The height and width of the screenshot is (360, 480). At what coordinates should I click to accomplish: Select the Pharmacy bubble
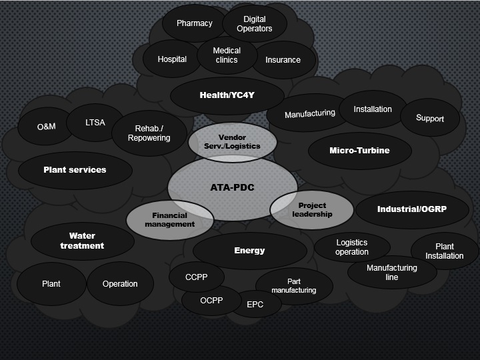click(x=194, y=23)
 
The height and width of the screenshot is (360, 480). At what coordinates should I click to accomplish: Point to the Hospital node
click(x=172, y=59)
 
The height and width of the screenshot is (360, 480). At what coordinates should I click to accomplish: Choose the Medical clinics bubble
click(x=227, y=55)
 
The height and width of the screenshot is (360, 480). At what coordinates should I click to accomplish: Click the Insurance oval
click(x=283, y=59)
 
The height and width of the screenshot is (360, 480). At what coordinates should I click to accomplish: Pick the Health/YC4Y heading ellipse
click(x=227, y=95)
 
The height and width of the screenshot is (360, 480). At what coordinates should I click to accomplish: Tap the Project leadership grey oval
click(x=312, y=210)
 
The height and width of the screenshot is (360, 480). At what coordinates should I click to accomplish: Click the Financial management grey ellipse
click(x=169, y=220)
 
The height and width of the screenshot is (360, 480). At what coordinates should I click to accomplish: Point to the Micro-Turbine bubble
click(x=359, y=150)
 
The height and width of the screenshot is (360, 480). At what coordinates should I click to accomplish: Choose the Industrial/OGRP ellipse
click(x=412, y=209)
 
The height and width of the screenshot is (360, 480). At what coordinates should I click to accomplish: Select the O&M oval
click(x=46, y=127)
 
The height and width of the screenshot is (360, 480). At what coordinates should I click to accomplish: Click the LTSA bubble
click(x=95, y=123)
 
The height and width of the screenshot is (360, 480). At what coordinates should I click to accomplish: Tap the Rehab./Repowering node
click(x=149, y=133)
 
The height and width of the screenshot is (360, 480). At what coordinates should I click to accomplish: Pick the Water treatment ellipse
click(x=82, y=241)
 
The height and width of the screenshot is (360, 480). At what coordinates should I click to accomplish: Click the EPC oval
click(x=255, y=304)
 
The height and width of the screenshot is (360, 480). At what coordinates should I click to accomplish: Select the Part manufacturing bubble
click(x=293, y=286)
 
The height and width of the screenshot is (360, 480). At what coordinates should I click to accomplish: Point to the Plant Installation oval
click(x=445, y=251)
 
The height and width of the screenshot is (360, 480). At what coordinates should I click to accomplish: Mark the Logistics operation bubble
click(x=352, y=247)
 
